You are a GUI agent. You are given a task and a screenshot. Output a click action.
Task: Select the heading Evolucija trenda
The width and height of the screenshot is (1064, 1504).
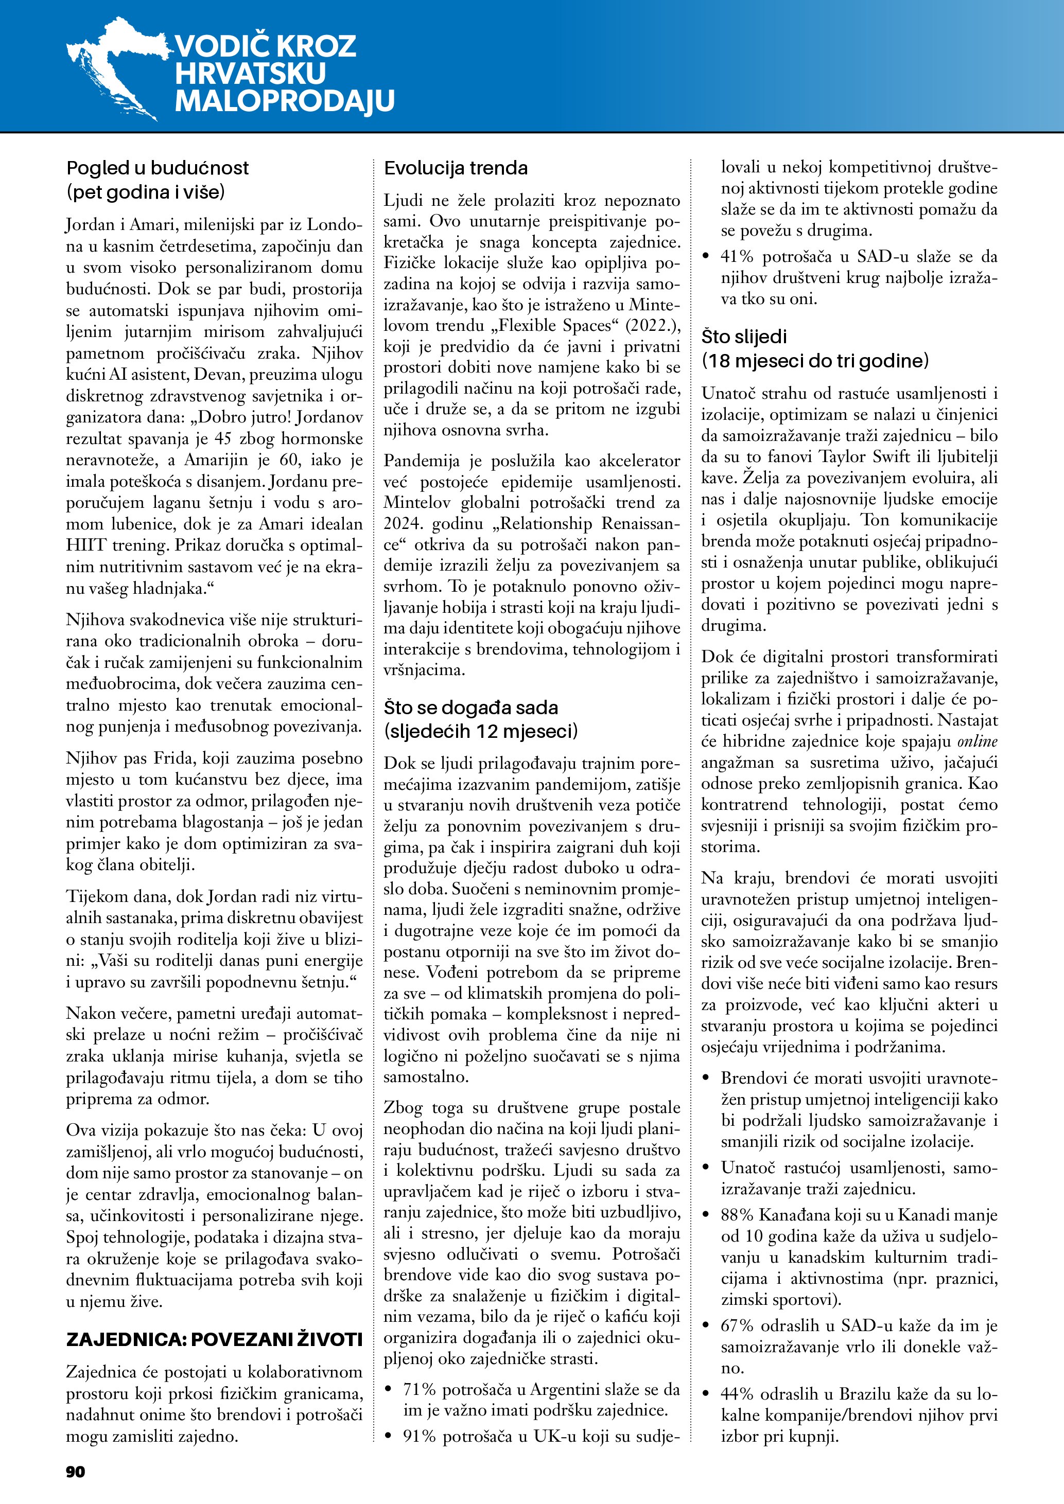(x=456, y=168)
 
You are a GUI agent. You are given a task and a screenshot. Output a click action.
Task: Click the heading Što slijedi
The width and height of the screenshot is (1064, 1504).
(x=744, y=337)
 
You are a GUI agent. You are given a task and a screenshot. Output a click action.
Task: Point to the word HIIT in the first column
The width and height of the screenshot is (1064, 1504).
(x=82, y=545)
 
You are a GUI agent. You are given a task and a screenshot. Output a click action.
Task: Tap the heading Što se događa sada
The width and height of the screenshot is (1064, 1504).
(x=471, y=707)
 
